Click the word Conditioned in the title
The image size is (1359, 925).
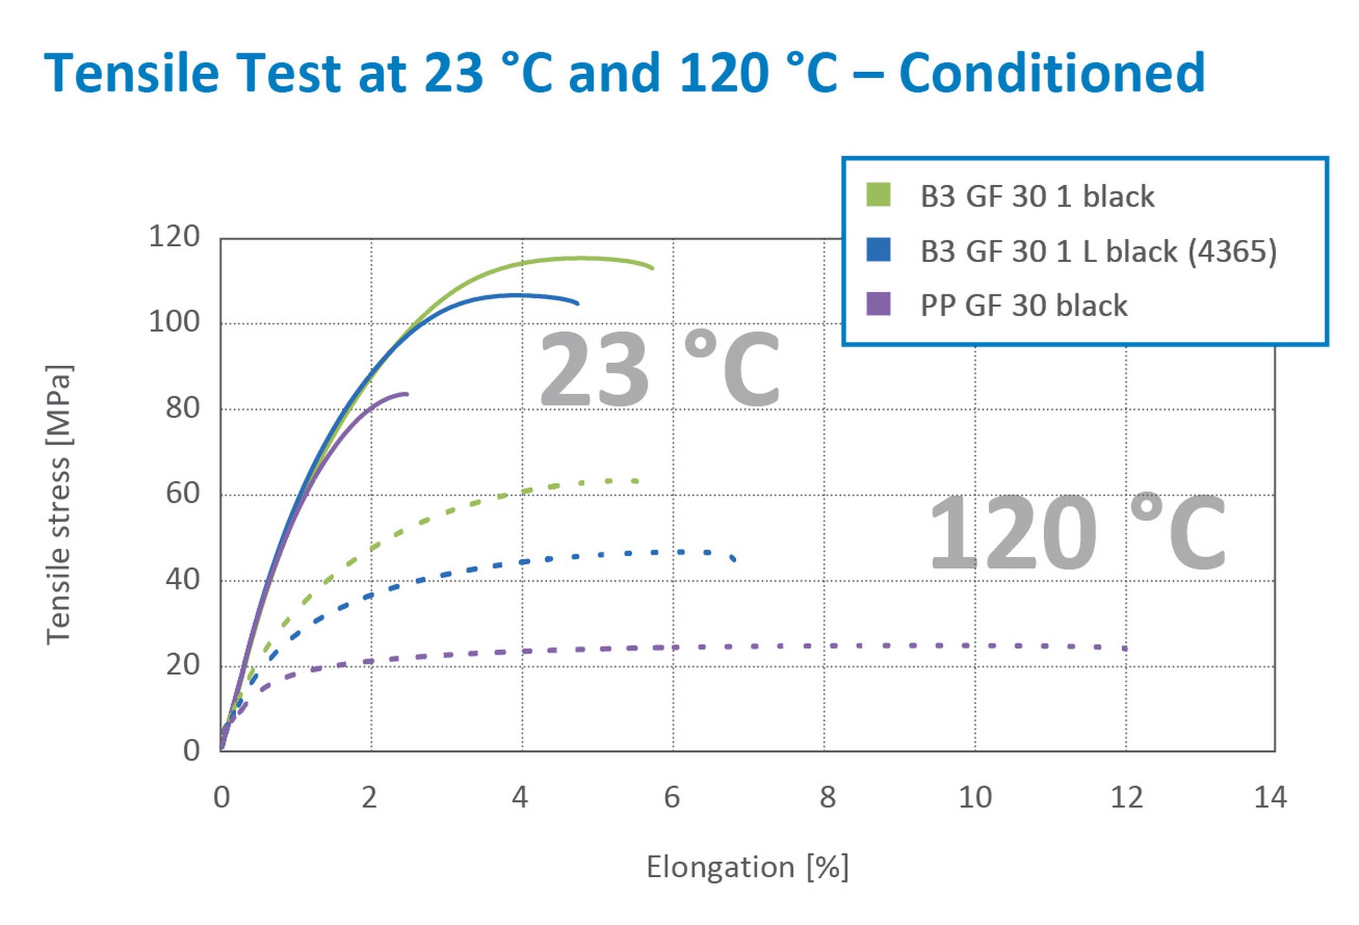1052,73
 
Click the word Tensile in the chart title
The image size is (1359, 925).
132,73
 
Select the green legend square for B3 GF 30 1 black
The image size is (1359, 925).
879,195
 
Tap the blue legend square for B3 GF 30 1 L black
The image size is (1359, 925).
879,249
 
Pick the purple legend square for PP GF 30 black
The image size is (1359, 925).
879,304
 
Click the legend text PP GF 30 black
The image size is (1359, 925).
1023,305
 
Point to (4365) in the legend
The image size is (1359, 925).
1233,252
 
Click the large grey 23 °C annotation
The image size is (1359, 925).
658,368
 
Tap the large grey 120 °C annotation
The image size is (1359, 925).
1077,532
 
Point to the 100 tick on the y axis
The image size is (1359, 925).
174,322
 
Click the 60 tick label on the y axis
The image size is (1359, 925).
183,494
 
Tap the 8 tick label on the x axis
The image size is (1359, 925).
827,798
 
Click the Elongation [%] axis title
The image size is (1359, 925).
747,867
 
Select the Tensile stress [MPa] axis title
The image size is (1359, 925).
58,505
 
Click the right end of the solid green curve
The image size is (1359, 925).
652,268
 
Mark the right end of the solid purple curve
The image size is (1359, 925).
407,393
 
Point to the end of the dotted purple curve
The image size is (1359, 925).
1125,648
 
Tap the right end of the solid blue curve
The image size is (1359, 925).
577,304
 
